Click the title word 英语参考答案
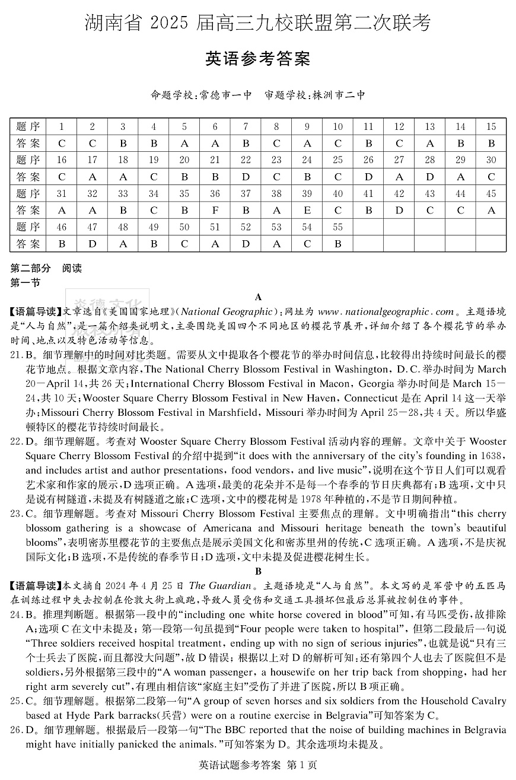(257, 60)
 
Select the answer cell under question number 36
(215, 210)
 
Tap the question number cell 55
(337, 227)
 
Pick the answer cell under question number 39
(307, 210)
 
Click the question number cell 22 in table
(246, 160)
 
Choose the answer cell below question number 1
(62, 143)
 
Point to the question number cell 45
(490, 193)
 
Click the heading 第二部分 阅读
(46, 268)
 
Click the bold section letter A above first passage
(258, 297)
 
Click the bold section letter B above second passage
(258, 572)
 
